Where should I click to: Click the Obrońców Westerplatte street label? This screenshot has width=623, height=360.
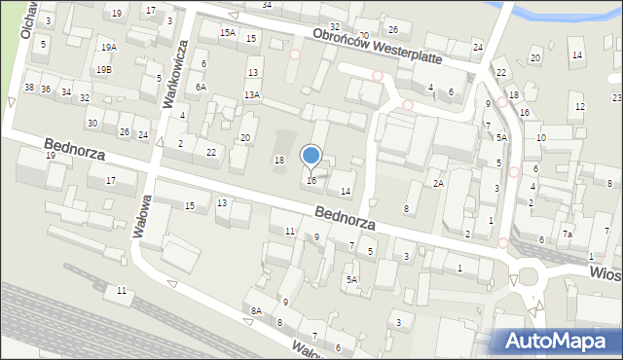point(377,46)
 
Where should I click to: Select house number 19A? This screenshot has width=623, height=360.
point(108,47)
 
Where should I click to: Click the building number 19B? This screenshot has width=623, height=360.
point(103,69)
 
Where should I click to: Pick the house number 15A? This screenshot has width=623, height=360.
point(227,33)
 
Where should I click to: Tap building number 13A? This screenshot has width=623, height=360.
point(251,94)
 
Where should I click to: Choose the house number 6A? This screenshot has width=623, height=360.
point(201,87)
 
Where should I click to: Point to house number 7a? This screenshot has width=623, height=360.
point(567,234)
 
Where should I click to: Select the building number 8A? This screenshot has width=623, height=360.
point(256,310)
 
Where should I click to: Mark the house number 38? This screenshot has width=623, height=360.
point(29,88)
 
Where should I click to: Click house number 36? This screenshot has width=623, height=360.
point(45,90)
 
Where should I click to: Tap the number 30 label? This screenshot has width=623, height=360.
point(92,123)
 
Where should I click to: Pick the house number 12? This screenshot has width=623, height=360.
point(580,106)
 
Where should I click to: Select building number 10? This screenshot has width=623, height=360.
point(541,138)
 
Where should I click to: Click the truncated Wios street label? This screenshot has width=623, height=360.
point(605,273)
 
